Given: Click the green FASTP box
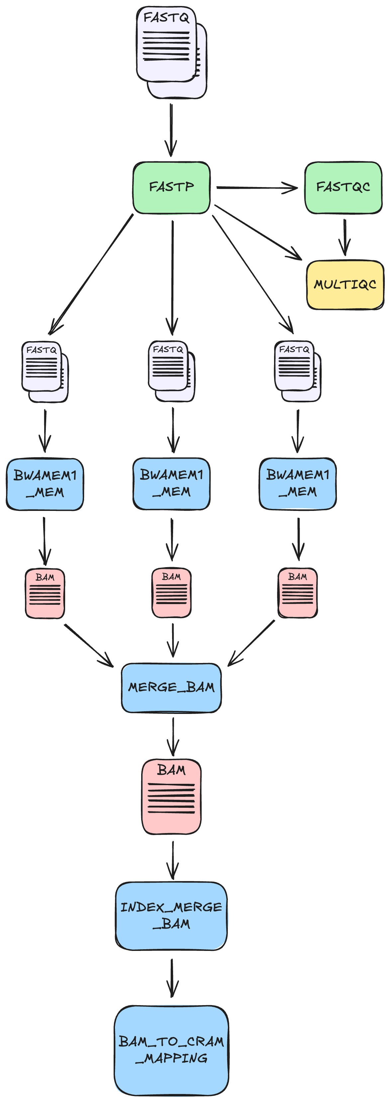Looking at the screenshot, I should (x=171, y=187).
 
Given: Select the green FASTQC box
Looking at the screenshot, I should (x=343, y=187).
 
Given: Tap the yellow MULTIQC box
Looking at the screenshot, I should (x=345, y=285).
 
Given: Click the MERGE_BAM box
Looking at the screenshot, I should (x=171, y=688).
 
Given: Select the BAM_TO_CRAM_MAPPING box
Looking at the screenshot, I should (x=171, y=1050).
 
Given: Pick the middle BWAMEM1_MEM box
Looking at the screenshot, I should (x=171, y=483).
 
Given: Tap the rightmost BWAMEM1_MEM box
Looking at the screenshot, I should (x=298, y=483).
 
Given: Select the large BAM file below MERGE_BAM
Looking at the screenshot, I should (x=171, y=796).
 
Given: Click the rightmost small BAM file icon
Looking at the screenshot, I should (x=298, y=592).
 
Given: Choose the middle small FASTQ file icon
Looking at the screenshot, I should (x=171, y=370).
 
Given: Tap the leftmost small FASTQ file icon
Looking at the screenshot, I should (x=45, y=371).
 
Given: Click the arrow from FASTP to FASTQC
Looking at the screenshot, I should (x=256, y=187).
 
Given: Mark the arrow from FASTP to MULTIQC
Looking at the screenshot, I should (x=258, y=232).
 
